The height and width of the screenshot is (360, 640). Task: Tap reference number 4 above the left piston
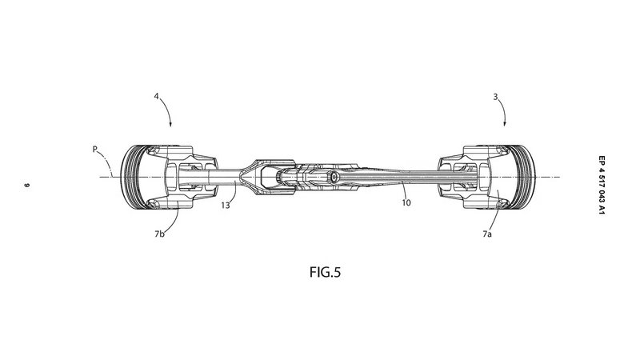click(157, 99)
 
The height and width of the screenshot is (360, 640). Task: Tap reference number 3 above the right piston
click(497, 99)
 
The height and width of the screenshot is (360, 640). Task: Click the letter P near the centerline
click(95, 148)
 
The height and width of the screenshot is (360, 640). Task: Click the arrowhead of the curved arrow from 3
click(504, 126)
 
